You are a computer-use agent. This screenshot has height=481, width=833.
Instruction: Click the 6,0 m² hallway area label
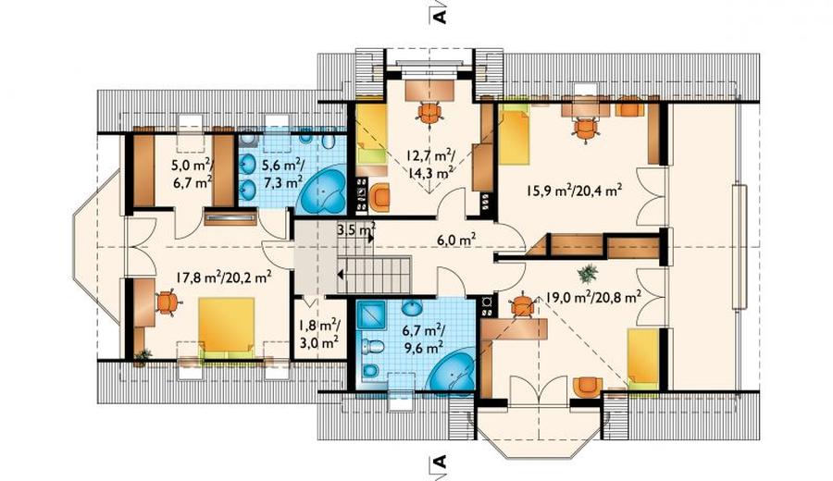[456, 240]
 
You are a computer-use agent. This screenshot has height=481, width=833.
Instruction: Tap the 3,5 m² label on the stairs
[356, 230]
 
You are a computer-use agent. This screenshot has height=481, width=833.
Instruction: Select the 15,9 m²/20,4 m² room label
[574, 190]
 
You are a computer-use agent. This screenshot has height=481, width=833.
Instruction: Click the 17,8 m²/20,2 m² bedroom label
[224, 277]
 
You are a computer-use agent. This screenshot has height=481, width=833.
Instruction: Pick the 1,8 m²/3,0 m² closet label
[317, 333]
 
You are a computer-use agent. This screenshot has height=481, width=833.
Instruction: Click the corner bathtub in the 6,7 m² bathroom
[452, 372]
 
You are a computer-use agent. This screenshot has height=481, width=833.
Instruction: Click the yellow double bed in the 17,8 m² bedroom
[227, 327]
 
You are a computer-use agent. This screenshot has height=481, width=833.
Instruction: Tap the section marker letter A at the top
[440, 17]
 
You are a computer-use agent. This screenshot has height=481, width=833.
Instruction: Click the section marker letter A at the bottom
[440, 462]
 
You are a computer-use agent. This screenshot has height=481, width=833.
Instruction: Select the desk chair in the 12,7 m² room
[429, 113]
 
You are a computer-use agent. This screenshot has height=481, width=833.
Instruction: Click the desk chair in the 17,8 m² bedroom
[168, 302]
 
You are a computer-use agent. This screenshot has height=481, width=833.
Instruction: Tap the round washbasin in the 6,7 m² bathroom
[411, 308]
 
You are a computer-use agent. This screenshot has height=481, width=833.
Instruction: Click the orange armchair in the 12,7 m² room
[379, 196]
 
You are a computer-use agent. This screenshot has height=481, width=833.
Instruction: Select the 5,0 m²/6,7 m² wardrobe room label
[192, 174]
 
